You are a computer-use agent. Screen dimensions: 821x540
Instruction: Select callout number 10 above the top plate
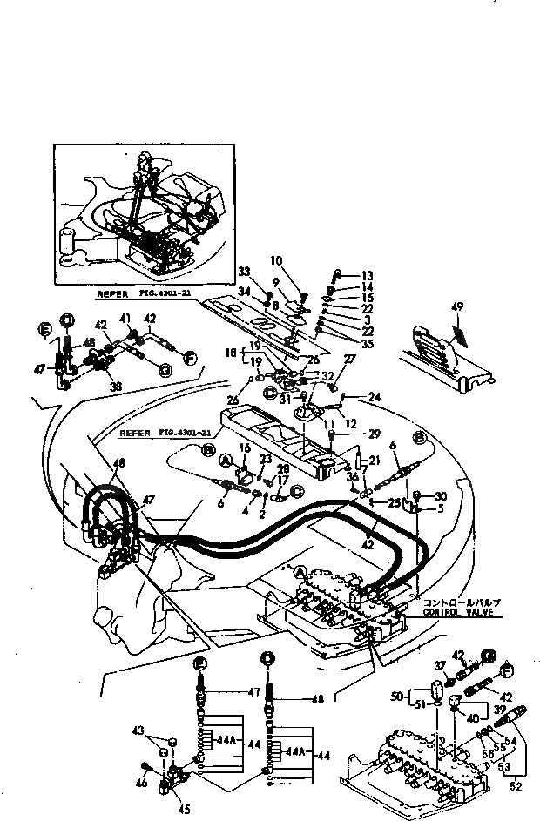pos(277,260)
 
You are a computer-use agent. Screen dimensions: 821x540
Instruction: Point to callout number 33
pos(243,273)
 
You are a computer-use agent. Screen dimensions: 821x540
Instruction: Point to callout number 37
pos(440,666)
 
